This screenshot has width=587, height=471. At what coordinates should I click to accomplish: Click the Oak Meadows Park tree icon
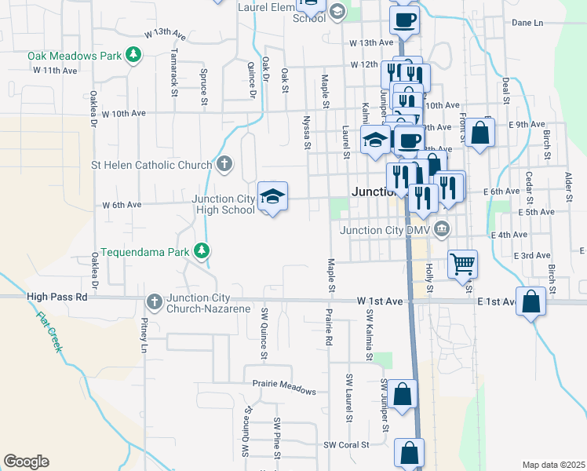134,55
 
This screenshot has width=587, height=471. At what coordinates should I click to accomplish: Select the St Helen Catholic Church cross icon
224,165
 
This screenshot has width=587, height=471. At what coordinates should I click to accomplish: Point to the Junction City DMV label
385,230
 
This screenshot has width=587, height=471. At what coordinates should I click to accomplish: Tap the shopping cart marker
463,264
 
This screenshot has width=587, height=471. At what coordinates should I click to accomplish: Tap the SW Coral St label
347,444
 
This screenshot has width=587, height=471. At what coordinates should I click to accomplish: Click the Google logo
26,462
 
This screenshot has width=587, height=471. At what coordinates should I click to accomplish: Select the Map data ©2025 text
553,464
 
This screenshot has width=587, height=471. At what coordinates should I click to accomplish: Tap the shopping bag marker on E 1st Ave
531,301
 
